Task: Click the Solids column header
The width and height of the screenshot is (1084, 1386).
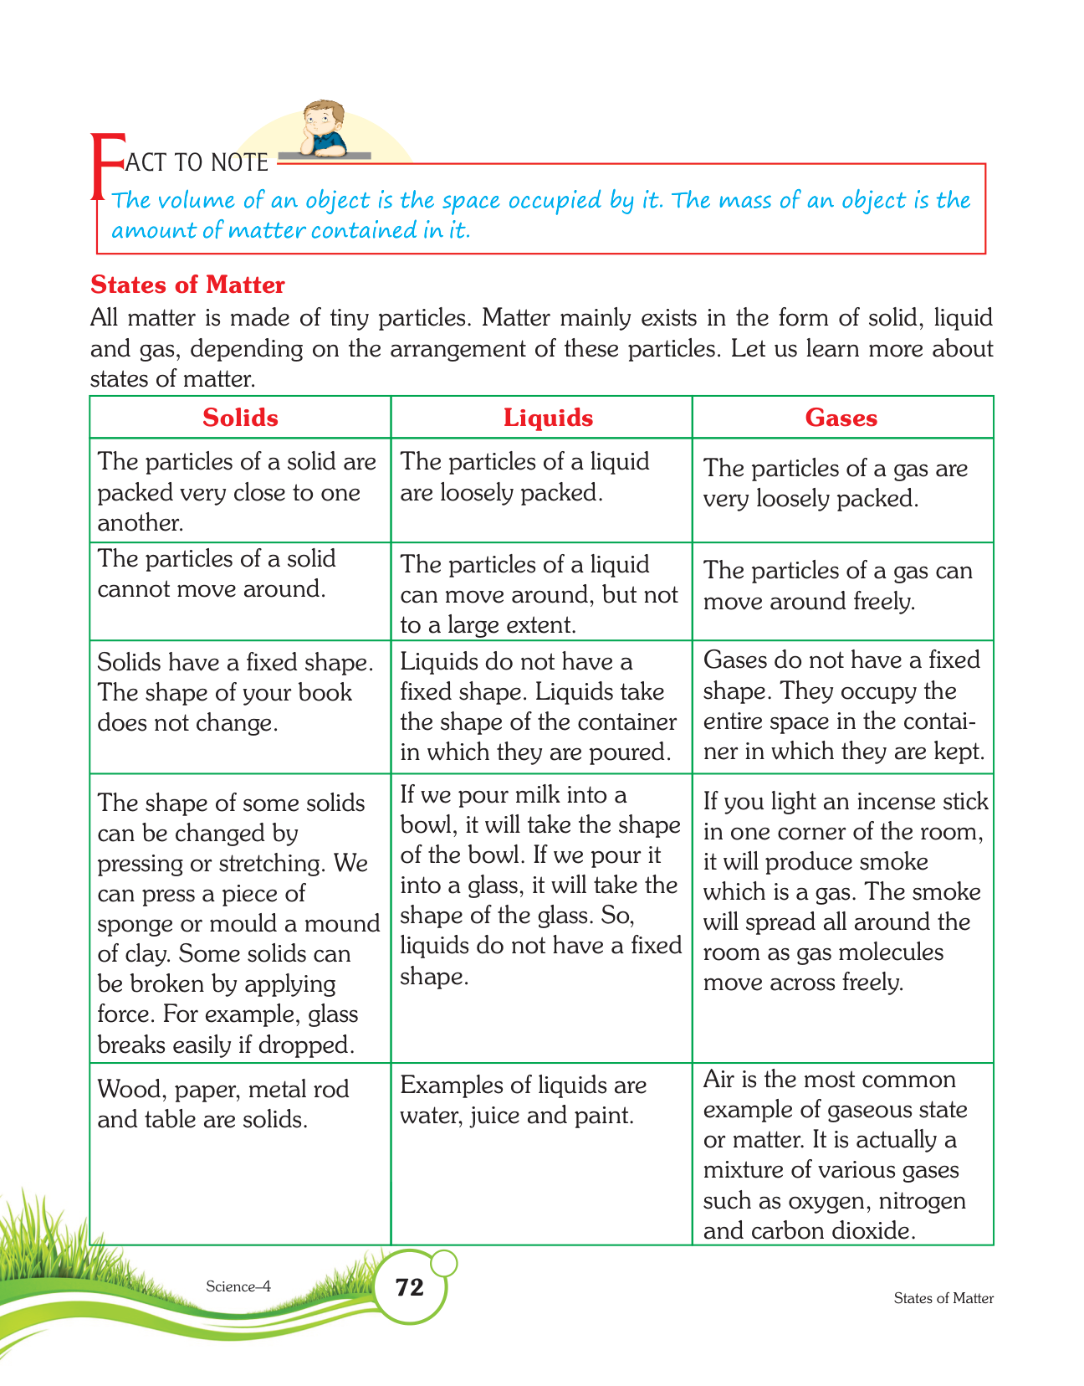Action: pyautogui.click(x=240, y=418)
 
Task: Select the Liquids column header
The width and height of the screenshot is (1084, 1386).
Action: pyautogui.click(x=548, y=418)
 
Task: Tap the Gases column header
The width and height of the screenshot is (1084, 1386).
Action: pyautogui.click(x=841, y=418)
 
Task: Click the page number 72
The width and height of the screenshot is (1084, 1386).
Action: pyautogui.click(x=410, y=1286)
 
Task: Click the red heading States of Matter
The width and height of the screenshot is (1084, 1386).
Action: pyautogui.click(x=187, y=285)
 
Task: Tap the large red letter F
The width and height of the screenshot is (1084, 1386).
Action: pyautogui.click(x=105, y=167)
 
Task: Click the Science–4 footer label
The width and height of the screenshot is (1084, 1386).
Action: pyautogui.click(x=238, y=1286)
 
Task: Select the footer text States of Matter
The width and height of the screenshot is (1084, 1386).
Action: pyautogui.click(x=943, y=1298)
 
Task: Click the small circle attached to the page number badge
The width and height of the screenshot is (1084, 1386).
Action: pyautogui.click(x=445, y=1262)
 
